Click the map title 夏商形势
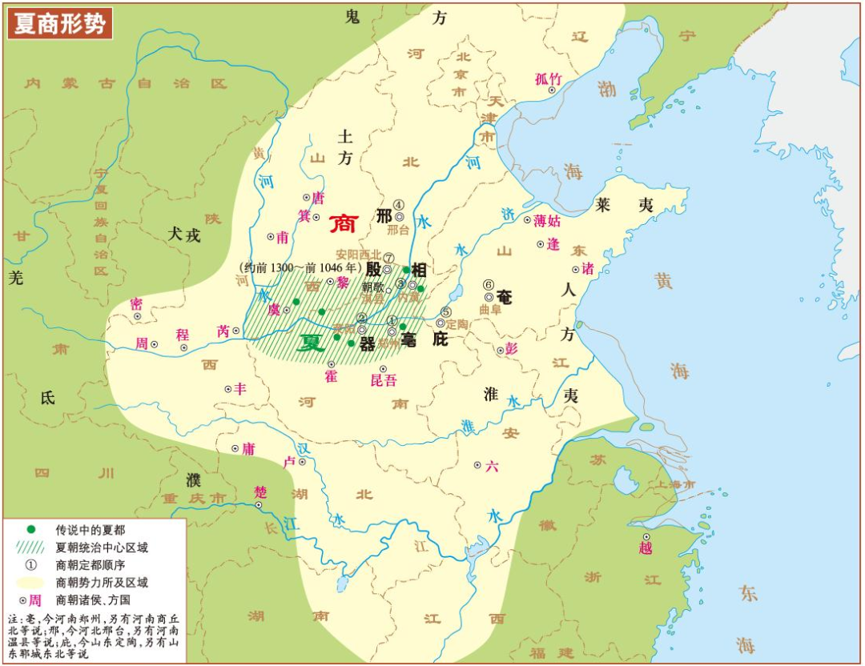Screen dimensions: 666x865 pos(60,23)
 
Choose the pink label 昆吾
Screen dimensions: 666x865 pos(384,380)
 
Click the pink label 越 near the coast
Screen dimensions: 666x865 pos(646,548)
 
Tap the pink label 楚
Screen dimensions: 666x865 pos(259,491)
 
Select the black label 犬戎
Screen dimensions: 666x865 pos(183,235)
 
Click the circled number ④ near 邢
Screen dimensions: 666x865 pos(398,205)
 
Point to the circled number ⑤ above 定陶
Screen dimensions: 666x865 pos(446,312)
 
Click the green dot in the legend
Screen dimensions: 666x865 pos(31,530)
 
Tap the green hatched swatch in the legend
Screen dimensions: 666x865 pos(31,548)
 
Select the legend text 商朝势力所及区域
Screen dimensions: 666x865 pos(102,582)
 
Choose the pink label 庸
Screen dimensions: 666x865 pos(248,449)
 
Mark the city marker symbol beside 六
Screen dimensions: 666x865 pos(477,465)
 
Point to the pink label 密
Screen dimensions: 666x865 pos(136,303)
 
